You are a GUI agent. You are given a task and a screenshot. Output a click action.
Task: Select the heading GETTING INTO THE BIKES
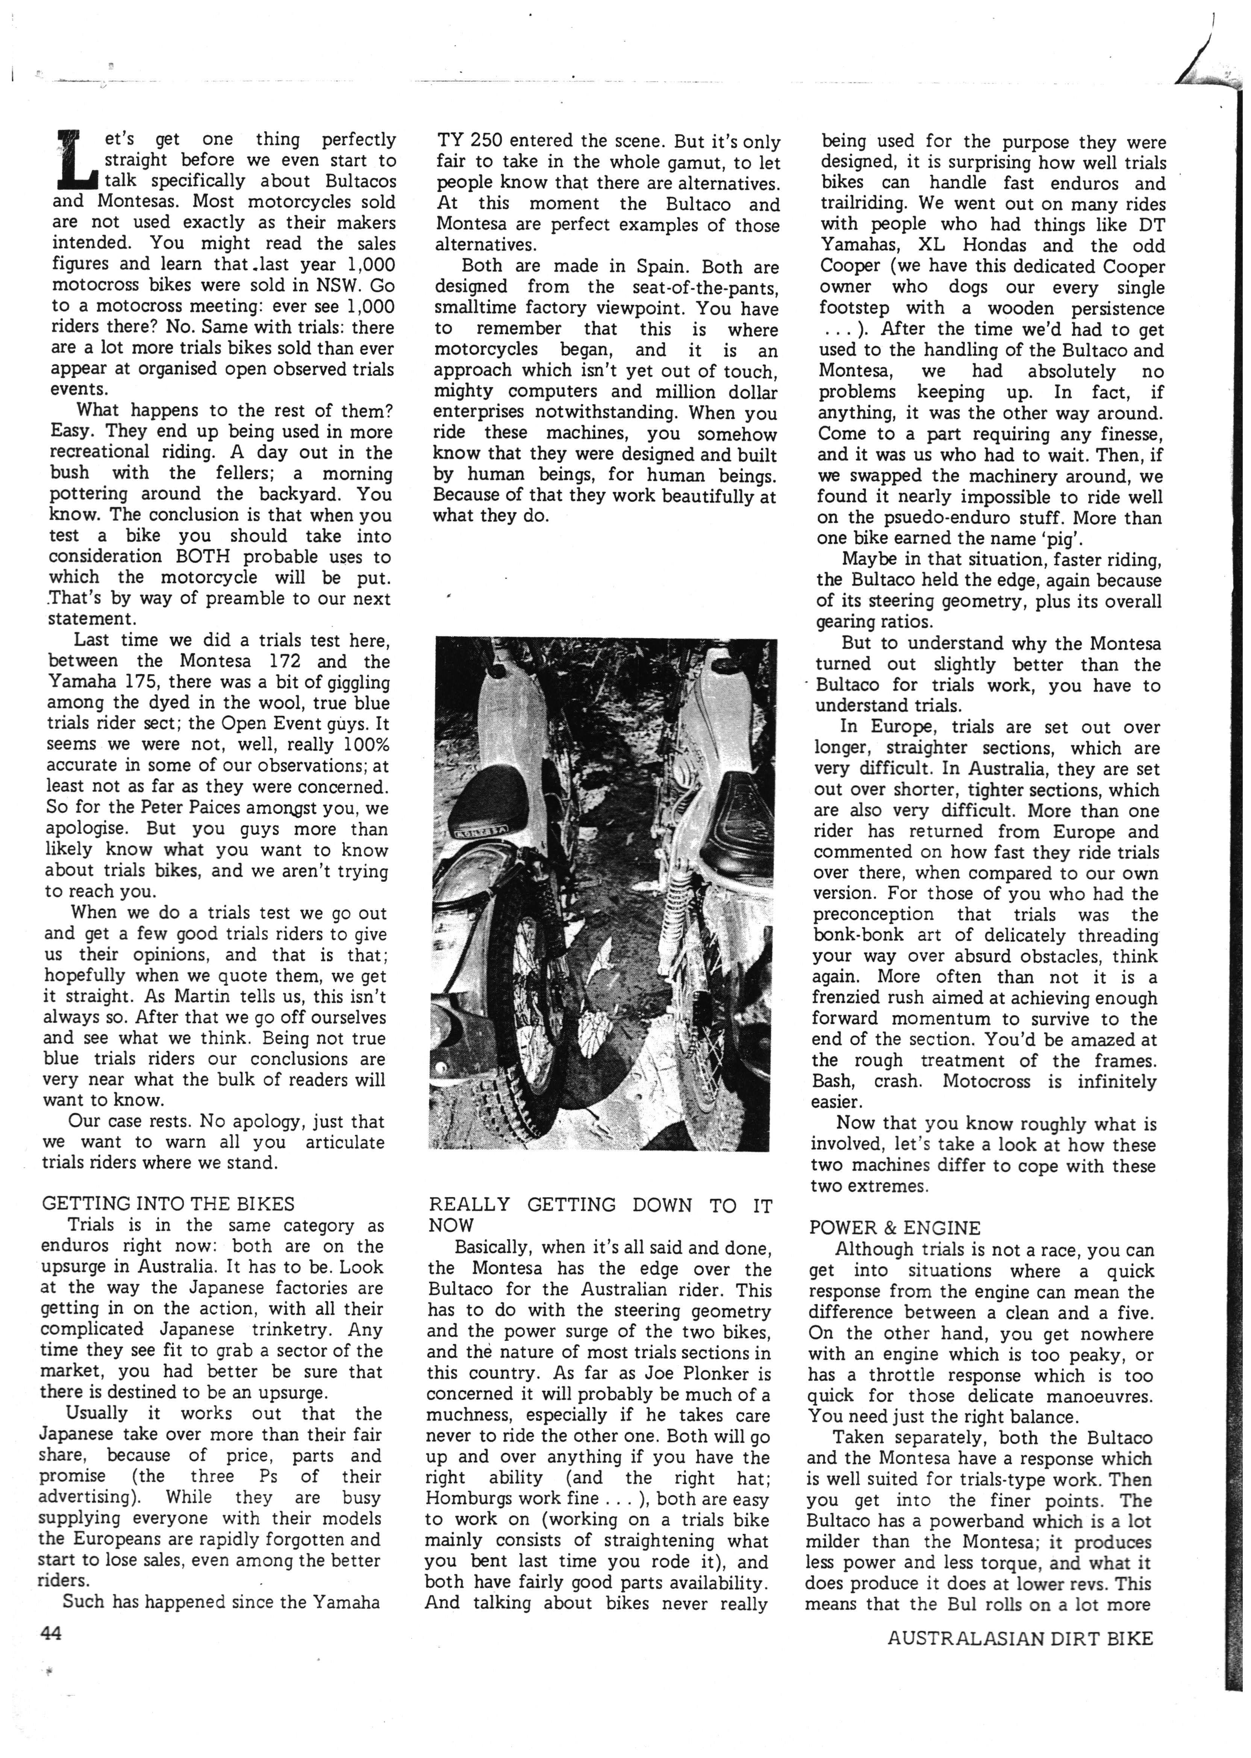168,1203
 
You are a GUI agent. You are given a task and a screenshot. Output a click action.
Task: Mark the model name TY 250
469,142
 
